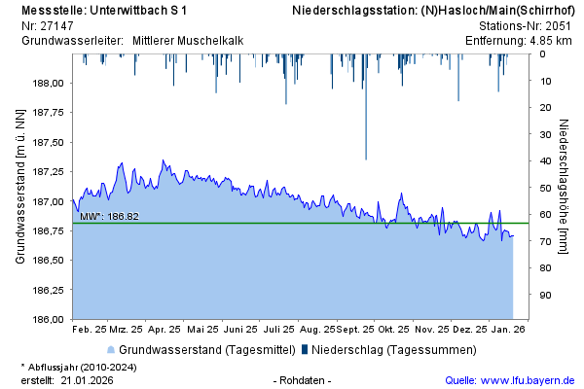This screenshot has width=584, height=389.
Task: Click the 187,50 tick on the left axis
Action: [x=48, y=143]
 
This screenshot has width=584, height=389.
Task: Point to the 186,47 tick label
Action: [x=48, y=290]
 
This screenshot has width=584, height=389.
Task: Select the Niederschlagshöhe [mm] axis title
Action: [x=565, y=187]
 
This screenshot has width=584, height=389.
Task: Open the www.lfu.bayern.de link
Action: [x=529, y=380]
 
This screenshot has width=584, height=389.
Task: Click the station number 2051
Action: [x=559, y=25]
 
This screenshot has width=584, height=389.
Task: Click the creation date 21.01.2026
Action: [x=88, y=380]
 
